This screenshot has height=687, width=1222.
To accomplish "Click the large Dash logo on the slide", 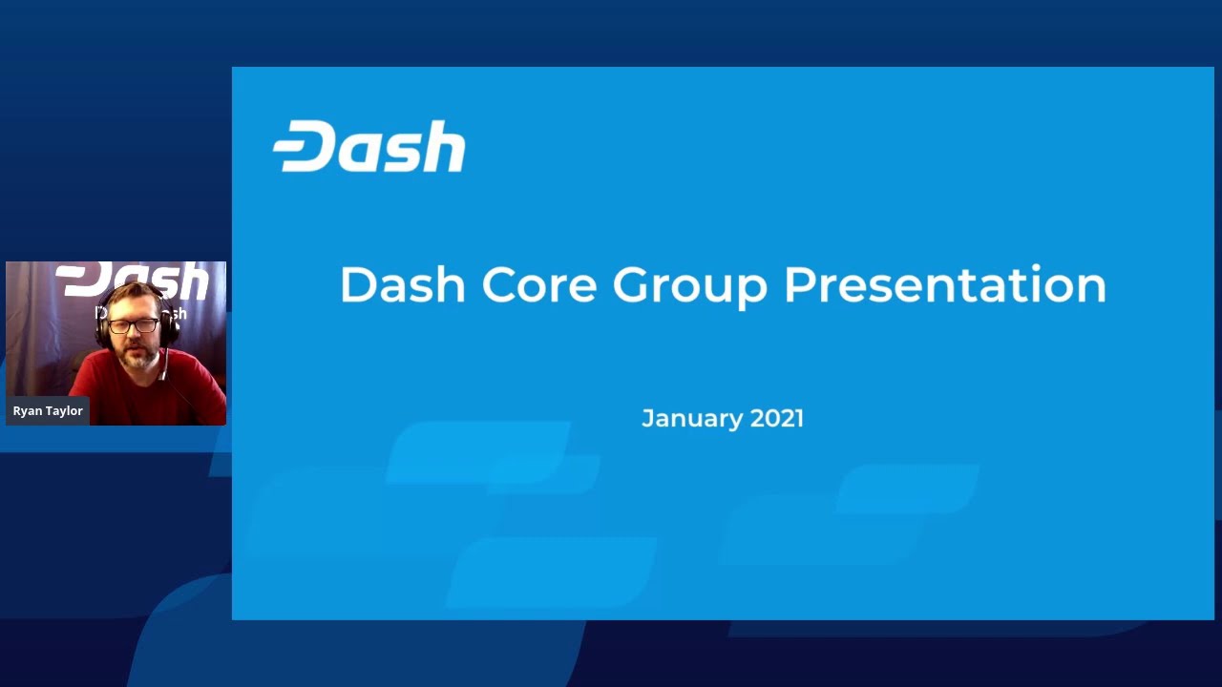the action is [x=369, y=146].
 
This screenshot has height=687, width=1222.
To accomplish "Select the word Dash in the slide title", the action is [x=403, y=284].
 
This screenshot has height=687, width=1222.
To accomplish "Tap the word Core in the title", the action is [x=539, y=284].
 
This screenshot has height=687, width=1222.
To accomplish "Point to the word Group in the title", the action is [x=690, y=287].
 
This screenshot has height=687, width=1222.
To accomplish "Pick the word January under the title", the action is [x=692, y=419].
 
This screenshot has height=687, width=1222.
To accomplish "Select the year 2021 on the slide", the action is [x=777, y=418].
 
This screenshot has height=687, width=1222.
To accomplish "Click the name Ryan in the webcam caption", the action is [x=25, y=411].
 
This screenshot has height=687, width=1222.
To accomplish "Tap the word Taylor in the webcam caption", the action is [x=62, y=411].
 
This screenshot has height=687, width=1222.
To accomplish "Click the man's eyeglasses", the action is [x=133, y=326].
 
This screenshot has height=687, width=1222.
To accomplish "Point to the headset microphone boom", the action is [x=163, y=363].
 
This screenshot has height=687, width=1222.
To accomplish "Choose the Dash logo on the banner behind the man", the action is [x=133, y=280].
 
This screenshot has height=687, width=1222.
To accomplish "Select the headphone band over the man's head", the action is [x=132, y=288].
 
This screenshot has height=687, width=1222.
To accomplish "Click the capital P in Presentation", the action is [x=799, y=284].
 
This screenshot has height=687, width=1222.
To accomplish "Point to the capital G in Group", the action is [x=631, y=284].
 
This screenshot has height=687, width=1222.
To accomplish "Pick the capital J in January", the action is [x=647, y=418].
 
